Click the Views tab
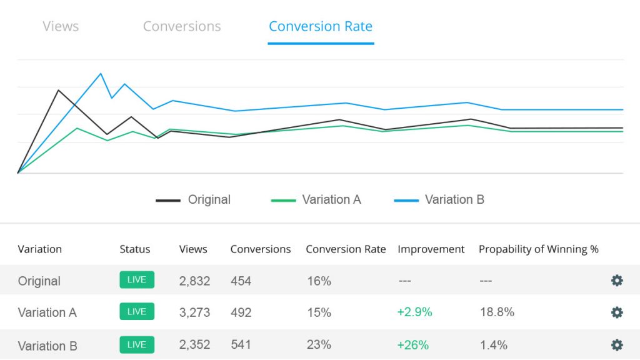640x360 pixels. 61,26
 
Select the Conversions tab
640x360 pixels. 182,26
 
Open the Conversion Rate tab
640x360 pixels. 321,26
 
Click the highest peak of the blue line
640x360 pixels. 101,74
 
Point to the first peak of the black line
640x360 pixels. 58,90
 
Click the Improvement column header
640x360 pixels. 431,249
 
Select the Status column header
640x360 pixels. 135,249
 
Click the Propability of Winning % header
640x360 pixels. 538,249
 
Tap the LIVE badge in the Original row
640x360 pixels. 137,280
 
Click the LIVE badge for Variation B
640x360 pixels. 137,345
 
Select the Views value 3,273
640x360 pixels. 194,312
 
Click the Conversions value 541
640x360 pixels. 241,345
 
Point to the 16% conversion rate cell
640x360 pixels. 319,281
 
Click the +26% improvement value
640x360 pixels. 413,345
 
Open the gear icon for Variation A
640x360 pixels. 617,312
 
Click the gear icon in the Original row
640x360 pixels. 617,281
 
